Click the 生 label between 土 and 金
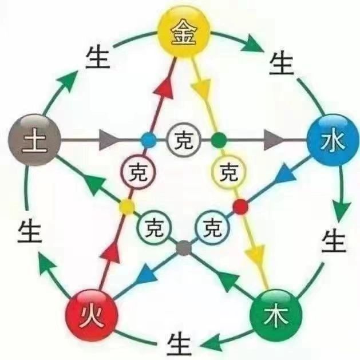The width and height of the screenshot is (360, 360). click(x=98, y=58)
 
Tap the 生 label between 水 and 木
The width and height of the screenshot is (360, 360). click(x=334, y=240)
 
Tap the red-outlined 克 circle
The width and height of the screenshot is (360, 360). click(x=136, y=171)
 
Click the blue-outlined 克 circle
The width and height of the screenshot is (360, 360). click(x=212, y=228)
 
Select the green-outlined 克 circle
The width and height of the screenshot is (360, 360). click(x=152, y=228)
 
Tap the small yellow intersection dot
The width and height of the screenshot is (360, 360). click(x=126, y=205)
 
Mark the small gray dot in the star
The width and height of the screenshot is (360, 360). click(x=183, y=248)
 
